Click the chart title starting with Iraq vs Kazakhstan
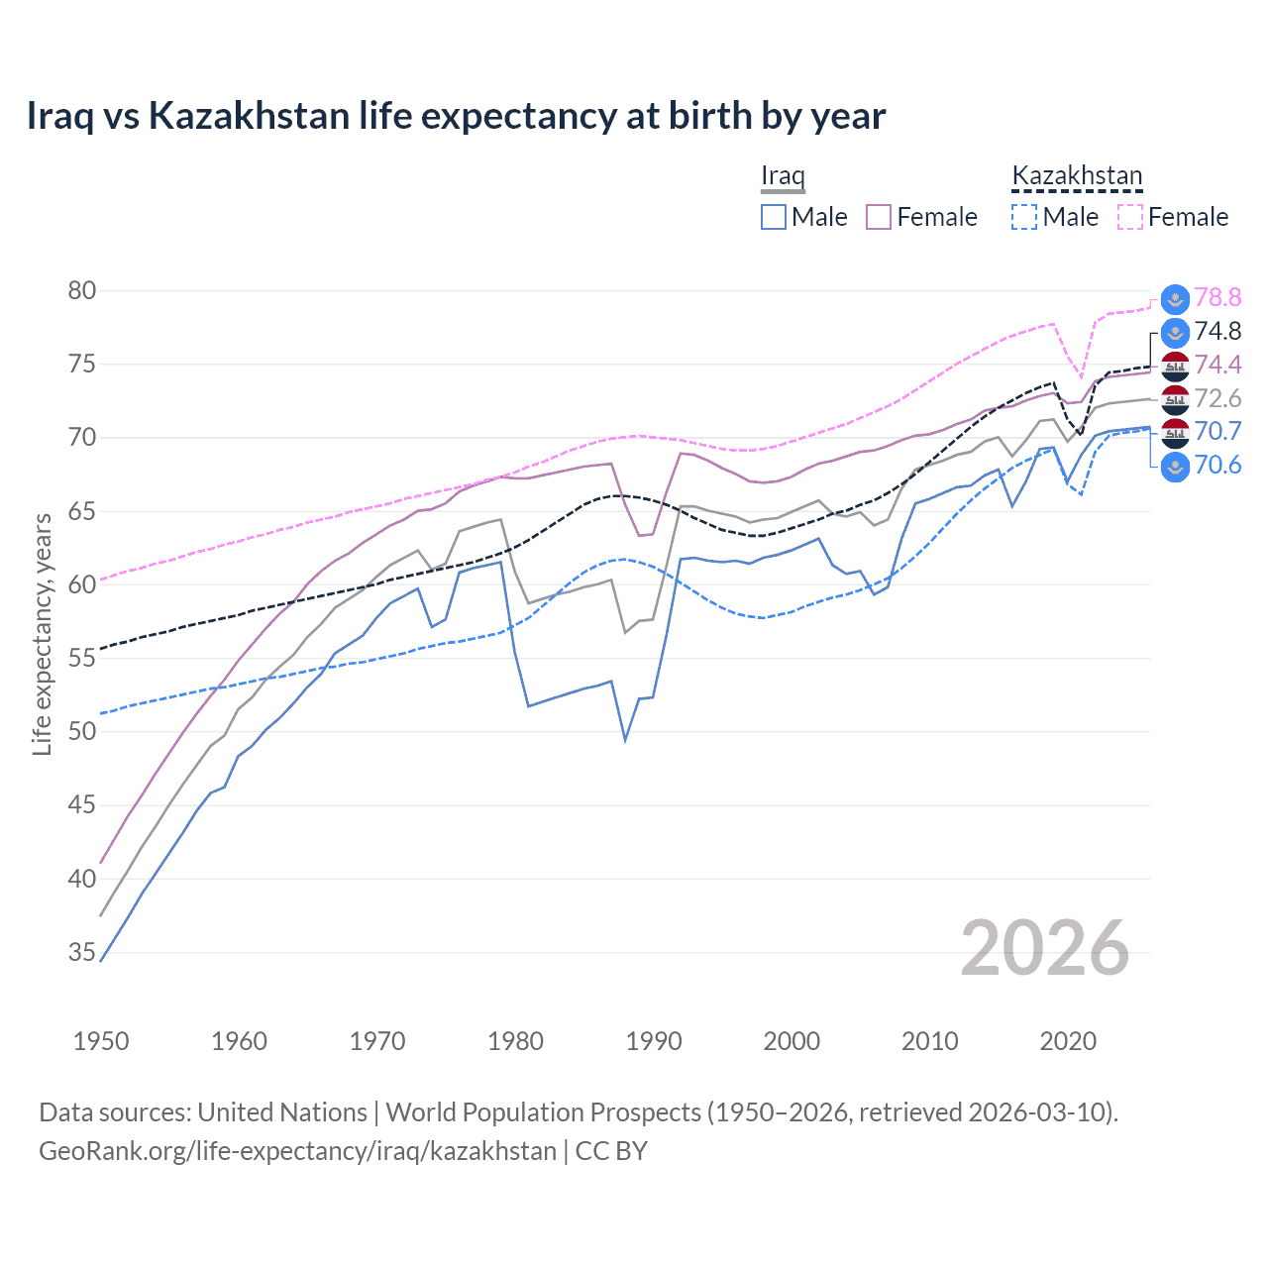[456, 116]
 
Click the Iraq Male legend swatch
[774, 217]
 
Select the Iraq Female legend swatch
[879, 217]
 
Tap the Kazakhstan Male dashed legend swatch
[1024, 217]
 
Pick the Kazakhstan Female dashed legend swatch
[1130, 217]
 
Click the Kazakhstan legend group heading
[1077, 175]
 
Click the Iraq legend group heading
[783, 175]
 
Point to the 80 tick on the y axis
[82, 290]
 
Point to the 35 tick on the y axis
[82, 952]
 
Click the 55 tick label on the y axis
[82, 658]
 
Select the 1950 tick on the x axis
[101, 1041]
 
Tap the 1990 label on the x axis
[654, 1041]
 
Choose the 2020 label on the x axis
[1068, 1041]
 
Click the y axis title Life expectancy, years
[42, 635]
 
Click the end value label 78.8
[1217, 297]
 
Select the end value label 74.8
[1217, 331]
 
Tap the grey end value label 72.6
[1217, 398]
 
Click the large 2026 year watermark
[1045, 948]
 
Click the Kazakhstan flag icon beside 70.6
[1175, 466]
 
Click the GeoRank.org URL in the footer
[297, 1151]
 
